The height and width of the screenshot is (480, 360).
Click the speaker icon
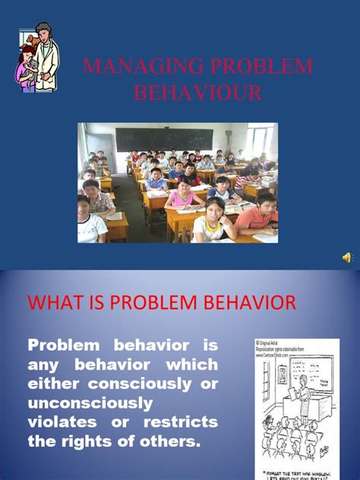(348, 258)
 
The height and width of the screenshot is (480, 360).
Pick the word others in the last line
(173, 441)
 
